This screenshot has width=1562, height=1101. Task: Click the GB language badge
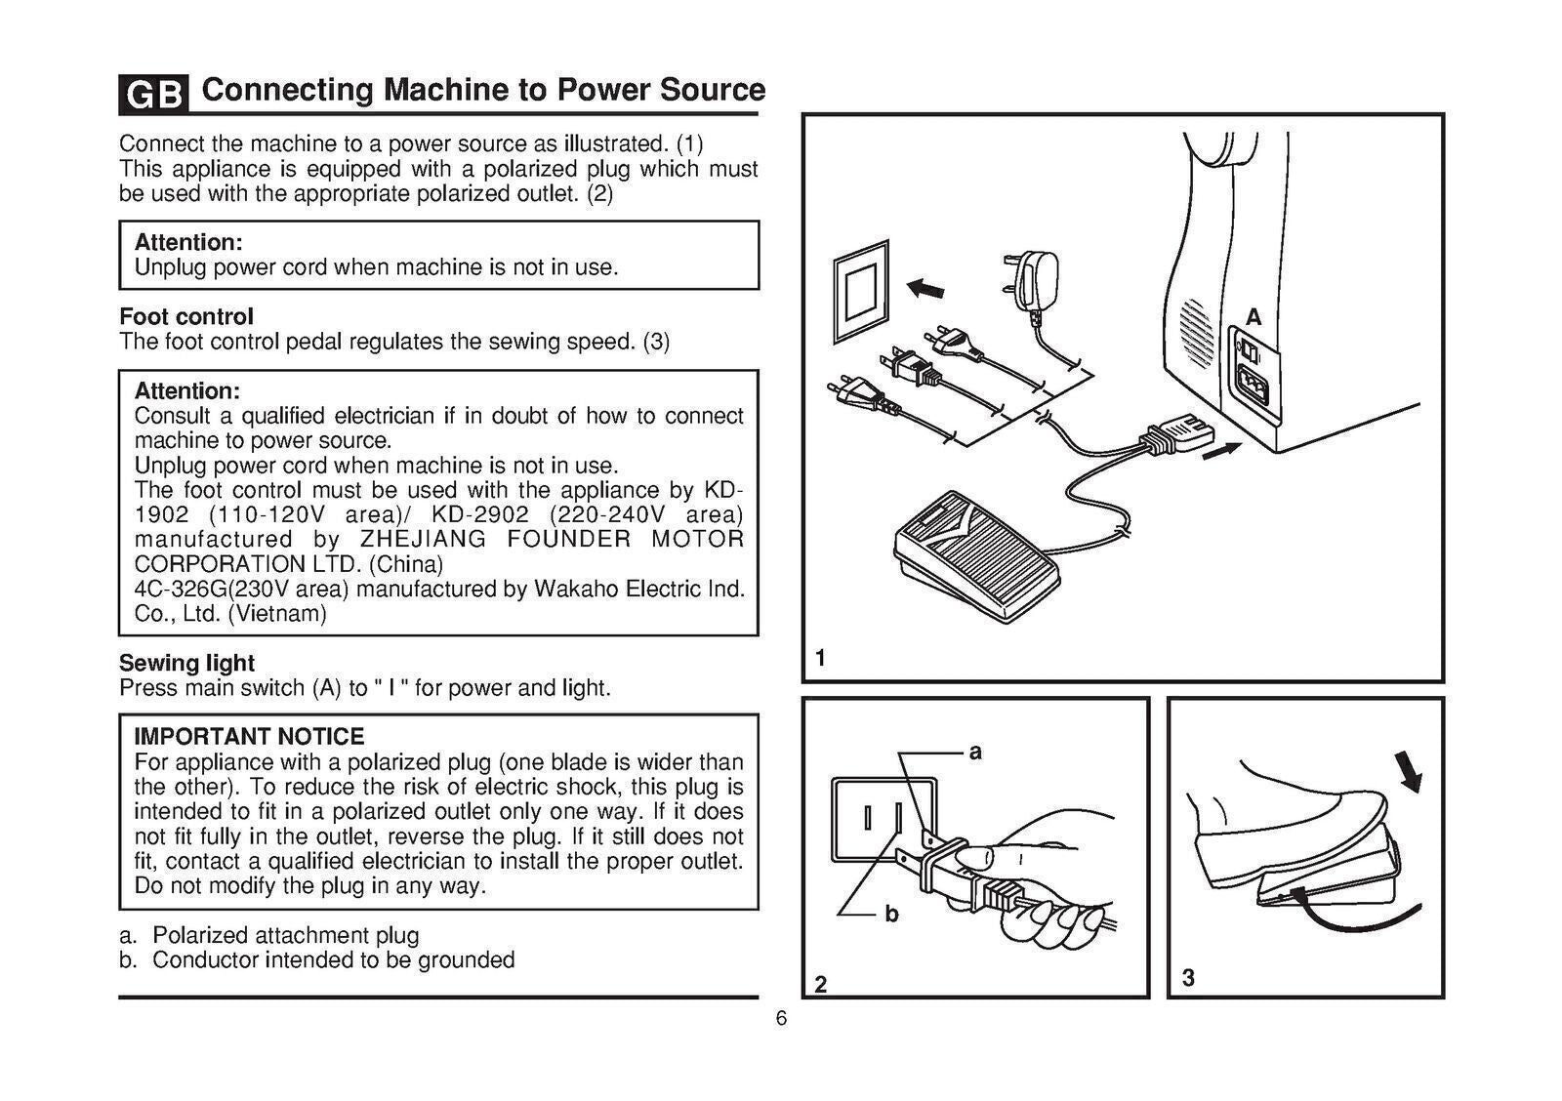pyautogui.click(x=152, y=95)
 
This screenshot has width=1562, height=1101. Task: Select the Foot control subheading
pyautogui.click(x=186, y=316)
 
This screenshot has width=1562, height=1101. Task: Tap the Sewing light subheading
pyautogui.click(x=186, y=663)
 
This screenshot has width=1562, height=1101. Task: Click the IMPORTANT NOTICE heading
pyautogui.click(x=249, y=736)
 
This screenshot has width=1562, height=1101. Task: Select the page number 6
pyautogui.click(x=781, y=1019)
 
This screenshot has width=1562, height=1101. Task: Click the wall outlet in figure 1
pyautogui.click(x=861, y=291)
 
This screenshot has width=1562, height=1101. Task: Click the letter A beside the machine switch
pyautogui.click(x=1254, y=317)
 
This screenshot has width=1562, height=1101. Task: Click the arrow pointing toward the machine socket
pyautogui.click(x=1221, y=452)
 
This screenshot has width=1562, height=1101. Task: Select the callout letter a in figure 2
pyautogui.click(x=974, y=752)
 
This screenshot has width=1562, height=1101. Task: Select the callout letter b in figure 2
pyautogui.click(x=890, y=914)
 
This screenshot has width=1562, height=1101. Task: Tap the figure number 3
pyautogui.click(x=1188, y=977)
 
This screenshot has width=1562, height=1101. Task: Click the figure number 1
pyautogui.click(x=820, y=658)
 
